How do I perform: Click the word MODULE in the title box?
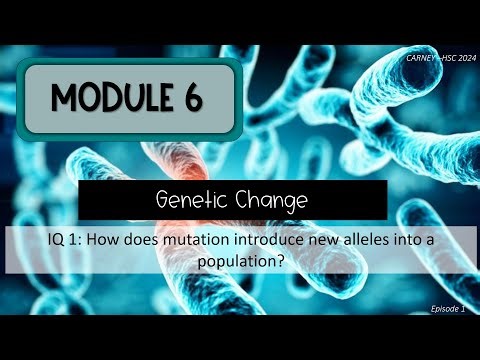(x=113, y=98)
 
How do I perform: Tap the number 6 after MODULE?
(x=193, y=98)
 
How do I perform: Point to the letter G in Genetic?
(x=163, y=201)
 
